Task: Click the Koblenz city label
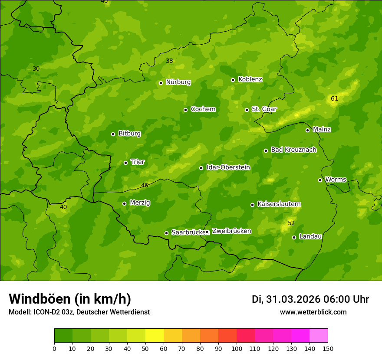[250, 79]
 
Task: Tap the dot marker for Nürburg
[161, 83]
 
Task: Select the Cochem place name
[203, 109]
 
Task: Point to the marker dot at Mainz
[307, 130]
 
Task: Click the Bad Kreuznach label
[293, 150]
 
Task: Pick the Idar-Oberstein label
[228, 167]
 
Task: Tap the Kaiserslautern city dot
[252, 205]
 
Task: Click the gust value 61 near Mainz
[334, 99]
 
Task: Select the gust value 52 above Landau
[291, 223]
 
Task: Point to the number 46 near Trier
[145, 185]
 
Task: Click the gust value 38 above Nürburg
[169, 61]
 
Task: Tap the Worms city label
[336, 179]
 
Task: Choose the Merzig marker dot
[124, 203]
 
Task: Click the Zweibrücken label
[231, 231]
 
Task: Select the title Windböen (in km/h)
[70, 299]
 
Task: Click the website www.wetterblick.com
[313, 312]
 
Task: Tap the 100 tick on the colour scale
[237, 348]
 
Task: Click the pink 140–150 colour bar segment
[319, 336]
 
